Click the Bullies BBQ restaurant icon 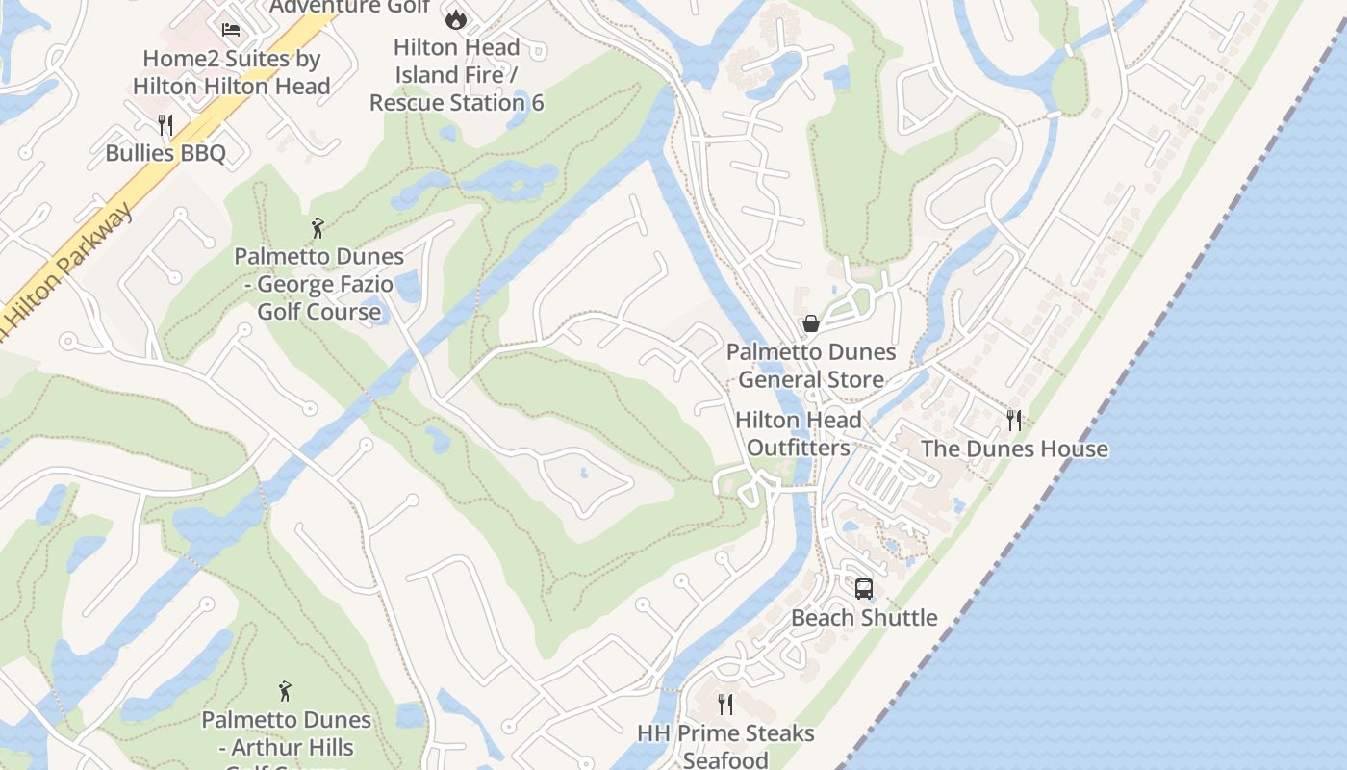(x=165, y=124)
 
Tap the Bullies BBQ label (x=165, y=153)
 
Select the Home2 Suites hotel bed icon (x=231, y=30)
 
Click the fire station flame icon (x=455, y=18)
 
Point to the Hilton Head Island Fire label (x=457, y=74)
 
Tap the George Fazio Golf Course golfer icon (x=318, y=228)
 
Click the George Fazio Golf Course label (x=318, y=284)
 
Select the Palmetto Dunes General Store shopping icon (x=811, y=323)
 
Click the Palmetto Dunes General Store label (x=811, y=366)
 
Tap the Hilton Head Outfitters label (x=799, y=434)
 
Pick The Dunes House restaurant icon (x=1013, y=420)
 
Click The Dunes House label (x=1014, y=449)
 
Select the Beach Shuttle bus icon (x=864, y=588)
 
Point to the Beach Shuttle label (x=864, y=618)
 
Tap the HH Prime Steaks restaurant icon (x=725, y=705)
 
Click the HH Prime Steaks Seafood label (x=725, y=746)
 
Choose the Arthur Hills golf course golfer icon (x=285, y=691)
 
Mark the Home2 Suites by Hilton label (x=231, y=72)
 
